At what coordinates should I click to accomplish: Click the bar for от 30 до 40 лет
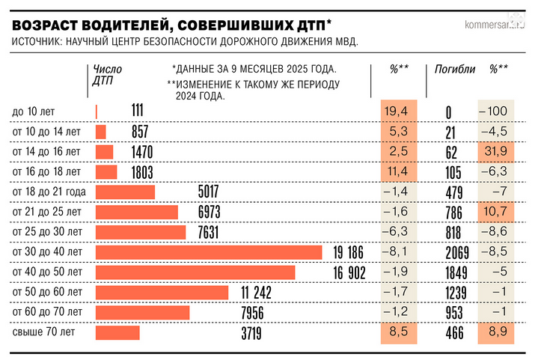(x=208, y=252)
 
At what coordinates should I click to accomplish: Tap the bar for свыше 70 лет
(x=117, y=332)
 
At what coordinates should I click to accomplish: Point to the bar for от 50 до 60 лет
(x=162, y=292)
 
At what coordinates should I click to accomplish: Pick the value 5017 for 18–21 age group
(x=208, y=192)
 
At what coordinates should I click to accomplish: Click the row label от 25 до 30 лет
(x=46, y=232)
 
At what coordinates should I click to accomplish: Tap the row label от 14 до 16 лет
(x=46, y=152)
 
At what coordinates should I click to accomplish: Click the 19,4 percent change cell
(x=395, y=112)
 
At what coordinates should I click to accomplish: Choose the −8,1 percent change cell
(x=395, y=251)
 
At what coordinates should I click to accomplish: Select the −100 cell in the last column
(x=497, y=112)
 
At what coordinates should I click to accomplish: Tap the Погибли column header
(x=455, y=69)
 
